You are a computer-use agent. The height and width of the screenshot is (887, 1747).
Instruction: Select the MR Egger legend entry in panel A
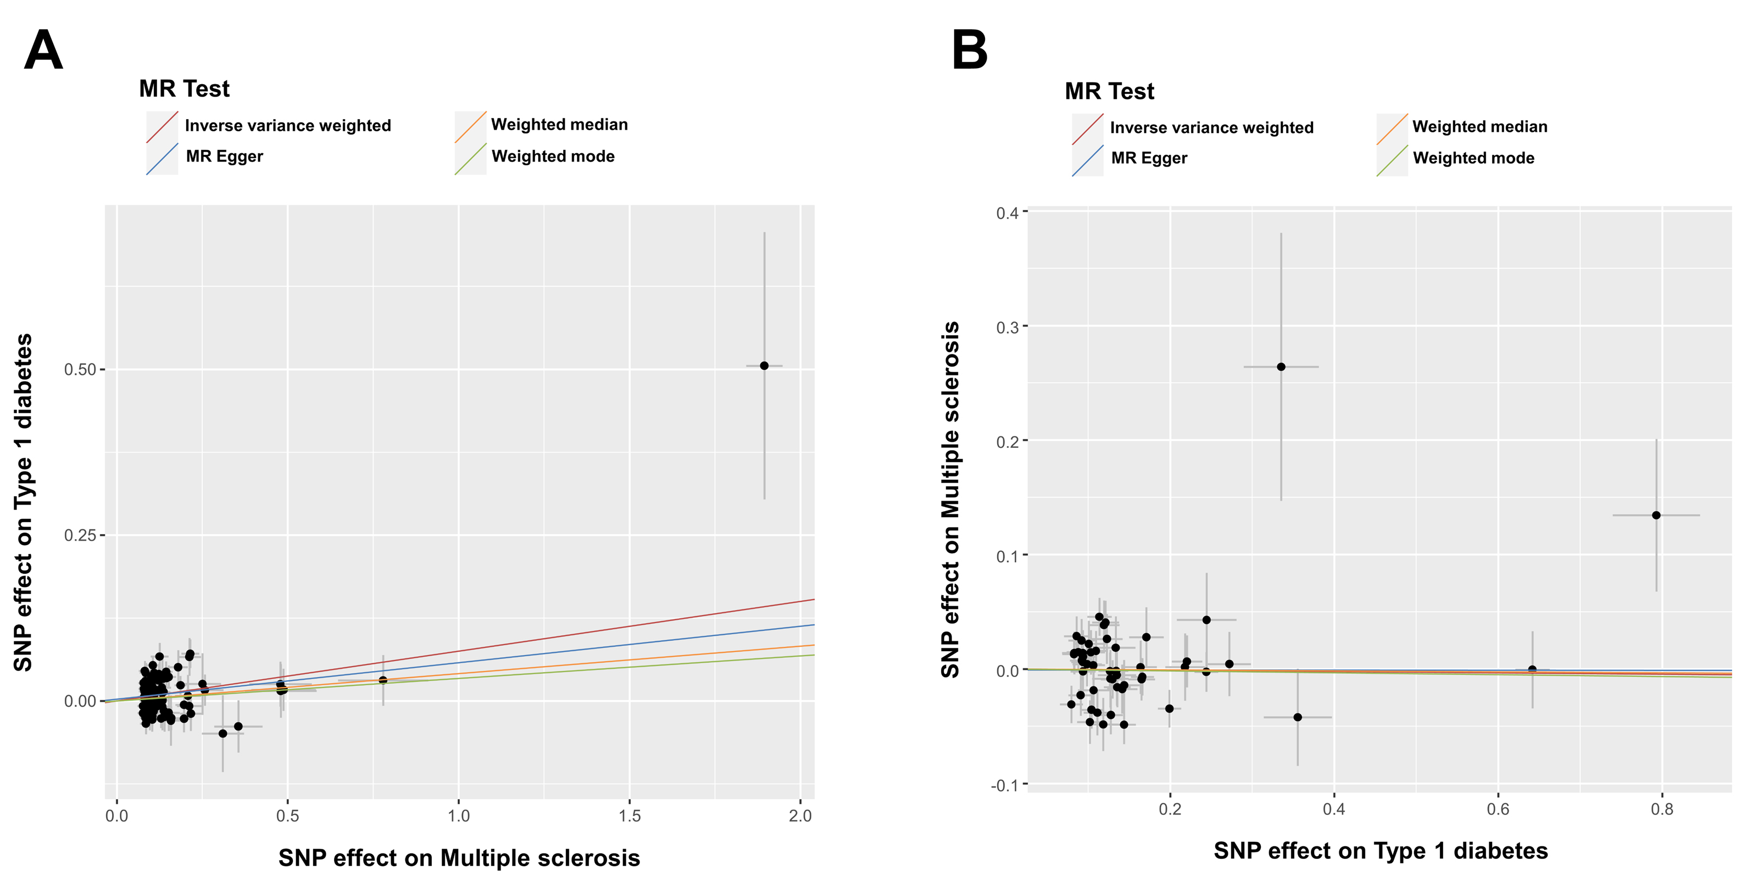tap(224, 157)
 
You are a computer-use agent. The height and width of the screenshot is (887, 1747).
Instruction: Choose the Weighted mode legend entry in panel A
tap(552, 157)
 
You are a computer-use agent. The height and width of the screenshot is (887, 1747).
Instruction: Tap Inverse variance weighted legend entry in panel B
tap(1211, 127)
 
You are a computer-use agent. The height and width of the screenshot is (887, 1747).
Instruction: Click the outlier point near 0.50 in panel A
tap(764, 366)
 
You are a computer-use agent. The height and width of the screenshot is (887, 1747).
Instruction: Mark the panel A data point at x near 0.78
tap(383, 680)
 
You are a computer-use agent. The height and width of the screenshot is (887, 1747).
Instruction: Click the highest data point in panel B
tap(1281, 367)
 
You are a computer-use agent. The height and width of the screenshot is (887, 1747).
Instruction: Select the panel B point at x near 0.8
tap(1656, 515)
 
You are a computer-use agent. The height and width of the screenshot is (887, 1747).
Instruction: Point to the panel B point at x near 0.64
tap(1532, 670)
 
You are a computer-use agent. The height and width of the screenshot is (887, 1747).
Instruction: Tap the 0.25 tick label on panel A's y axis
tap(80, 535)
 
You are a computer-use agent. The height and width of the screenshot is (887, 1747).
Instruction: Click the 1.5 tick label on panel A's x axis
tap(630, 816)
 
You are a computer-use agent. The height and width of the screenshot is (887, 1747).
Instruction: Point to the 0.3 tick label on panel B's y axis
tap(1007, 327)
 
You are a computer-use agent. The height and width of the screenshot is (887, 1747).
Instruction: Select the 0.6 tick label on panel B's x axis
tap(1498, 810)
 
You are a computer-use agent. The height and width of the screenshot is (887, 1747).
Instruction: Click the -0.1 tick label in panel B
tap(1004, 786)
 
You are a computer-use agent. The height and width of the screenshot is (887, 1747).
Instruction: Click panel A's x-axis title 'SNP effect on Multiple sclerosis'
tap(459, 858)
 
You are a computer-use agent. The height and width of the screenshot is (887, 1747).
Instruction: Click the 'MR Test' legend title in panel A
tap(184, 89)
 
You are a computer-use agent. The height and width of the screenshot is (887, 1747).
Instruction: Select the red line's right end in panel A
tap(812, 600)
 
